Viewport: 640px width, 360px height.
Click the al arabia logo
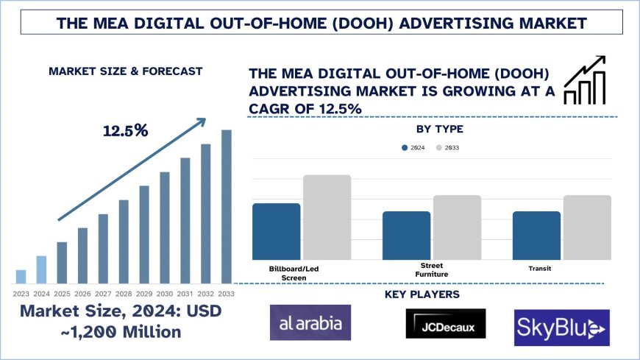coord(310,322)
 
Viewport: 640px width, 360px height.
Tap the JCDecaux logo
coord(446,323)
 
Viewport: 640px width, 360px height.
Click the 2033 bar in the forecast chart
coord(227,207)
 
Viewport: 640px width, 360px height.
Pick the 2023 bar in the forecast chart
coord(21,277)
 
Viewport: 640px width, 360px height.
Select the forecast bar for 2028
coord(124,241)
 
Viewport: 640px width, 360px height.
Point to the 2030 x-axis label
coord(165,293)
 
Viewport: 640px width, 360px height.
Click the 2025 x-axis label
coord(62,293)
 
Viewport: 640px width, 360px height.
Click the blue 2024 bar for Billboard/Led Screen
coord(276,231)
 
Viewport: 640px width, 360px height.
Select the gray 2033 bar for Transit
coord(587,227)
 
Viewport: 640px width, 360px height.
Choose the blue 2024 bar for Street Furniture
coord(406,236)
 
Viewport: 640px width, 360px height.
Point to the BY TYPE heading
coord(439,129)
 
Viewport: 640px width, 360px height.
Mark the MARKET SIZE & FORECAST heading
coord(125,71)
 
